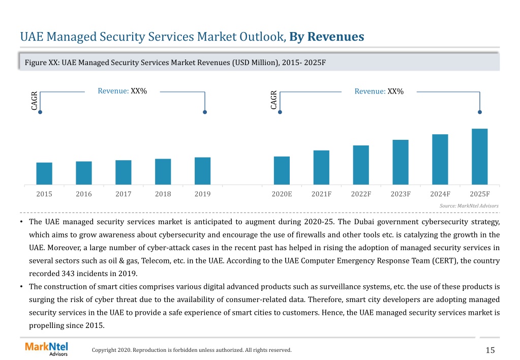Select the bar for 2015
(x=44, y=173)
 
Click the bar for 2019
(x=203, y=171)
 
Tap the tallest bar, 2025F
(x=479, y=157)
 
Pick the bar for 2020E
(x=282, y=170)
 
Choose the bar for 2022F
(x=361, y=165)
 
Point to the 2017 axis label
(x=124, y=194)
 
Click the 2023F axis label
(x=401, y=194)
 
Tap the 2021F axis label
(x=321, y=194)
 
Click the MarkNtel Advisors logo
(x=46, y=349)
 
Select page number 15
(x=490, y=350)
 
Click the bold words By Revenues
(x=327, y=37)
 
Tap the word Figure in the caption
(x=36, y=63)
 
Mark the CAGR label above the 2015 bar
(x=34, y=101)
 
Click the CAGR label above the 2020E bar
(x=273, y=100)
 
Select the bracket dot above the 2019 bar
(x=205, y=112)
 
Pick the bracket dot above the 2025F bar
(x=479, y=112)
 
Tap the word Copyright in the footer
(x=104, y=350)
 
